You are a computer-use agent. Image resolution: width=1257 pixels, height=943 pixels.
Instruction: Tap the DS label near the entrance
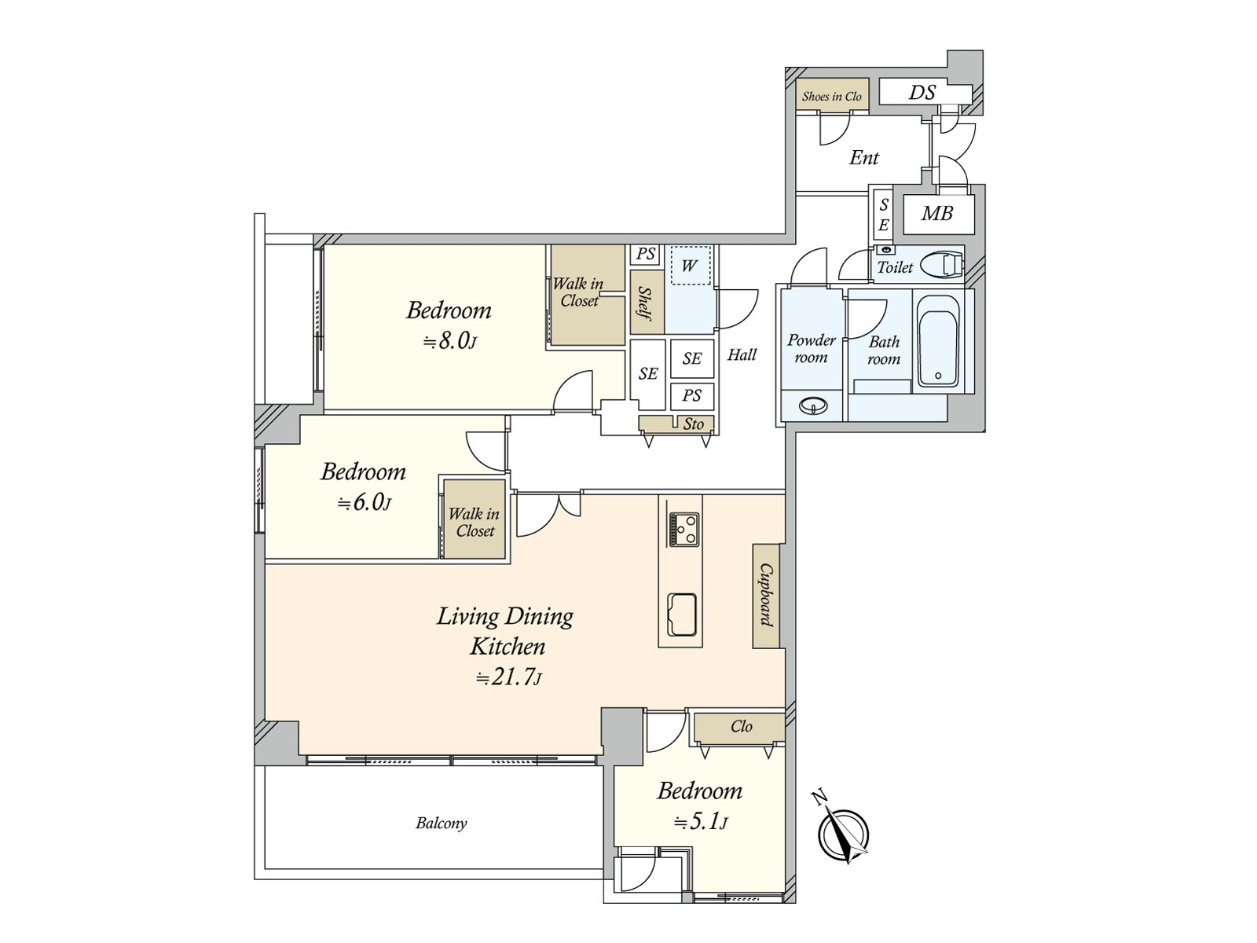tap(922, 92)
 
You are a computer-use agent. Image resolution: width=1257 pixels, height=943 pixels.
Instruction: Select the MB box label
tap(937, 214)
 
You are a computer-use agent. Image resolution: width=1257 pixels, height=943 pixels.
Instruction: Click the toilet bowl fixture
tap(941, 266)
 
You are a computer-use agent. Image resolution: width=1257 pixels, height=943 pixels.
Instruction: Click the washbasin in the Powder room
tap(812, 406)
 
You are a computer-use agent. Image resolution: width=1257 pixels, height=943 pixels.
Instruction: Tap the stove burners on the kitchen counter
tap(683, 530)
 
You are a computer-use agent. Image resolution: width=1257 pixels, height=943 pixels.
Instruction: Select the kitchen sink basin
tap(682, 615)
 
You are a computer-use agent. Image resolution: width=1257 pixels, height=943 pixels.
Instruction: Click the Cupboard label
tap(767, 595)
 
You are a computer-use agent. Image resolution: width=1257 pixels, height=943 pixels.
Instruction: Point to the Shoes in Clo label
tap(831, 96)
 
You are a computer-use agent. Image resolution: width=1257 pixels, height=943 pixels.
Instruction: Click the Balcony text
tap(441, 824)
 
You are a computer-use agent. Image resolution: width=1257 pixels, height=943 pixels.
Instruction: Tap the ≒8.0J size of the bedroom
tap(449, 342)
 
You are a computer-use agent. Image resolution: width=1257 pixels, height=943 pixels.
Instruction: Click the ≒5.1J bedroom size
tap(701, 822)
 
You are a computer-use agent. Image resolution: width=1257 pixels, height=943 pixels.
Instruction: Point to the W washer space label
tap(690, 265)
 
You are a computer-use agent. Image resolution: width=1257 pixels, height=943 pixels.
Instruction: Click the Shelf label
tap(646, 303)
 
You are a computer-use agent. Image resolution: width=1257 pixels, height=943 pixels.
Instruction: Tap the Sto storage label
tap(693, 424)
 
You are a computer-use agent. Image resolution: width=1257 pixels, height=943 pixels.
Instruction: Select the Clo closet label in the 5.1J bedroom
tap(741, 726)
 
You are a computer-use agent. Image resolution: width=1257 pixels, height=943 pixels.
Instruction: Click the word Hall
tap(742, 355)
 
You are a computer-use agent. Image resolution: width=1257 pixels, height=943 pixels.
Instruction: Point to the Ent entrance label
tap(863, 157)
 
